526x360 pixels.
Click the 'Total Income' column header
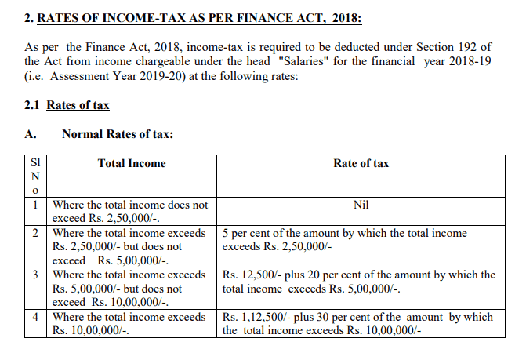(x=132, y=163)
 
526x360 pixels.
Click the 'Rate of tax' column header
(x=361, y=163)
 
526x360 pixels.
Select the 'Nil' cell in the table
(x=361, y=205)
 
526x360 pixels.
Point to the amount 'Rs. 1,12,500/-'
(x=258, y=317)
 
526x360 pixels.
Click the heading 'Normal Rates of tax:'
(x=118, y=134)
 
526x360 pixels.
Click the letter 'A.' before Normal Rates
(x=31, y=134)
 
